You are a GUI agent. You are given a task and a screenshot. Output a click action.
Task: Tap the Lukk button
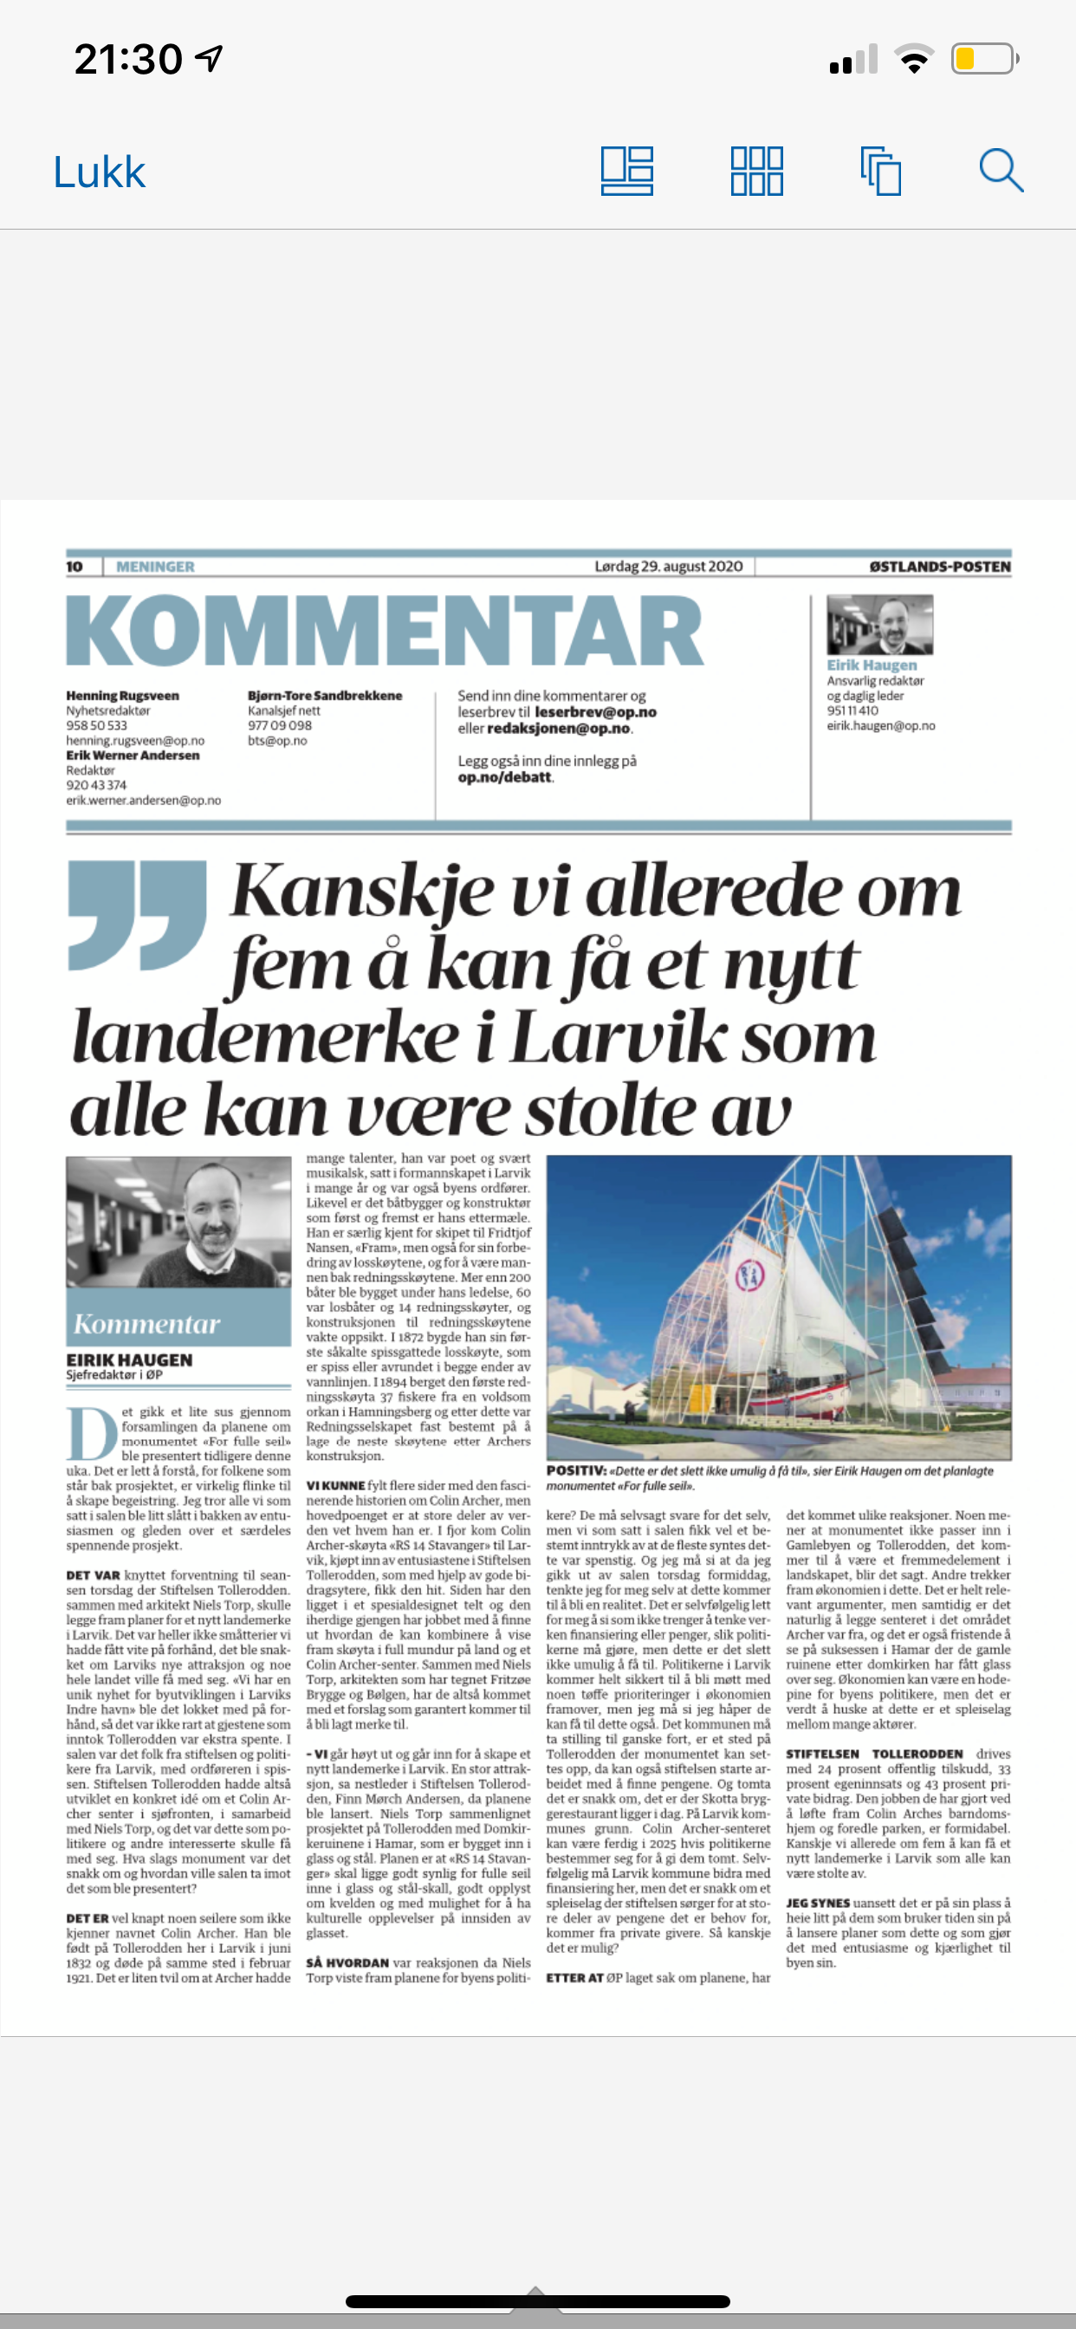coord(100,172)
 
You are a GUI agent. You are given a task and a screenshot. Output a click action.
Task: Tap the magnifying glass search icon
coord(1001,171)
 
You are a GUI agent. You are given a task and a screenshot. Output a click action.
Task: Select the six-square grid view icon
coord(757,171)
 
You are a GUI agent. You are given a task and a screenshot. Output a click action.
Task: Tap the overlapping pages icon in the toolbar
coord(881,171)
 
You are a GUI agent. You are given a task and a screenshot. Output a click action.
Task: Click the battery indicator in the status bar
coord(984,60)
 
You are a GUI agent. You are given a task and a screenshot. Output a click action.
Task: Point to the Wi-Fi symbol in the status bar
coord(914,60)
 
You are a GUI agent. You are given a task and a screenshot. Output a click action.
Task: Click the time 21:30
coord(127,60)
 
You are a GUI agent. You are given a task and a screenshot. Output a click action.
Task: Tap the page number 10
coord(75,567)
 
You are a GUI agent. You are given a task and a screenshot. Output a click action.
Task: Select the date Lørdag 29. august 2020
coord(668,567)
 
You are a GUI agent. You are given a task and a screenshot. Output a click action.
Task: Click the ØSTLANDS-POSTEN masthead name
coord(939,567)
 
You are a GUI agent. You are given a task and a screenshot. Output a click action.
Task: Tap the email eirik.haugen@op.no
coord(881,726)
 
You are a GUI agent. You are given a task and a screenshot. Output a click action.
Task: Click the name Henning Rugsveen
coord(122,695)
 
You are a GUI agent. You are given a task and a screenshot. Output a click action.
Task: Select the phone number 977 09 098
coord(280,725)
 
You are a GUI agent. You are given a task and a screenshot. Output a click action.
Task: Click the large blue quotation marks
coord(138,913)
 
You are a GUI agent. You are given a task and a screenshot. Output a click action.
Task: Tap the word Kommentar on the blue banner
coord(146,1325)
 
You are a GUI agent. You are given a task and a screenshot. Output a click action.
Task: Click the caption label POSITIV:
coord(576,1471)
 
